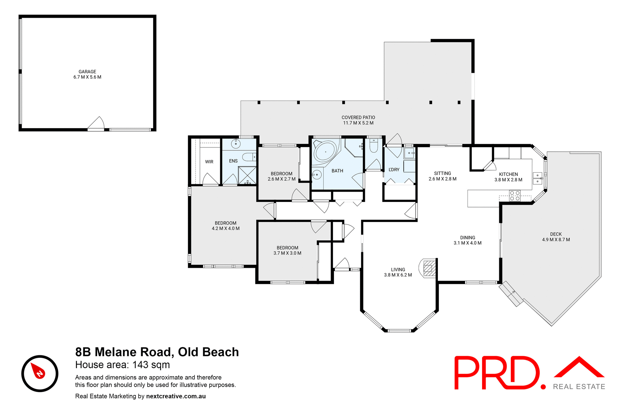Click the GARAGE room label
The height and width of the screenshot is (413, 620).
tap(87, 72)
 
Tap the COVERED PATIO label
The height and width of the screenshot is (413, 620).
tap(358, 117)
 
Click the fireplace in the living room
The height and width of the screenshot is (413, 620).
tap(428, 268)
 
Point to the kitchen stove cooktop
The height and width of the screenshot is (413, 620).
tap(515, 196)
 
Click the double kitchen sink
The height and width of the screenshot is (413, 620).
tap(537, 178)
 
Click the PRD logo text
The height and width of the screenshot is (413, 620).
tap(497, 373)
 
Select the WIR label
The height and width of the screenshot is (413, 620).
tap(209, 162)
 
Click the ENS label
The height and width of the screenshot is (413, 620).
tap(233, 161)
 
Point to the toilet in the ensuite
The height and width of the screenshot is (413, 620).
tap(249, 157)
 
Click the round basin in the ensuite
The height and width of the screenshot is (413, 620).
tap(236, 144)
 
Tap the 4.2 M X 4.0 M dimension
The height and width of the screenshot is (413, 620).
tap(225, 228)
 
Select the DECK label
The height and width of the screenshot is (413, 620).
tap(556, 234)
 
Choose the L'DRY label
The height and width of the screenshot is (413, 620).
tap(394, 169)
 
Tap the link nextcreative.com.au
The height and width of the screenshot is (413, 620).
tap(176, 396)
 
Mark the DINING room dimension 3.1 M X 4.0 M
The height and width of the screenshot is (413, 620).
tap(467, 243)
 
